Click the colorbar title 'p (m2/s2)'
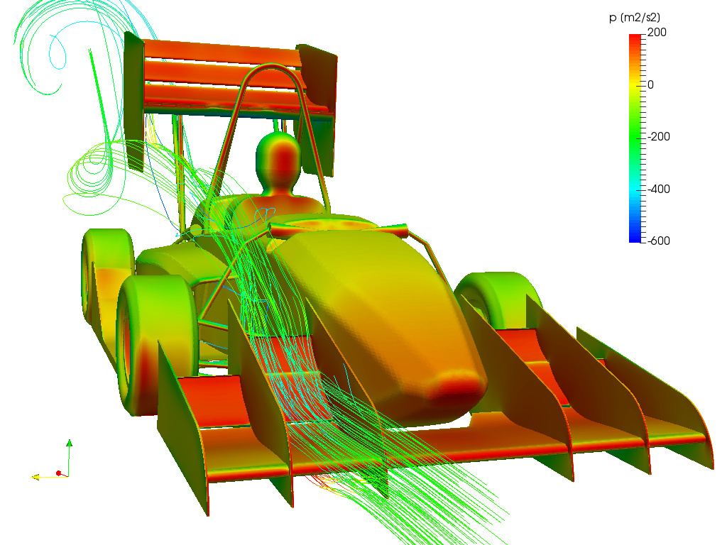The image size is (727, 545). tap(634, 18)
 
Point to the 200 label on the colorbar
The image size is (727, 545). tap(657, 33)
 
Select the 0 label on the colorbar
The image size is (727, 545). tap(650, 85)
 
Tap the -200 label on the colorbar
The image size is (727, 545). tap(658, 137)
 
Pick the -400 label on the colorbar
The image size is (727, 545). tap(658, 189)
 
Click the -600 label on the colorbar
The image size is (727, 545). tap(658, 241)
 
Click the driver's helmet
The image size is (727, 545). tap(278, 158)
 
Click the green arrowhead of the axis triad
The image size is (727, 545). tap(69, 443)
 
